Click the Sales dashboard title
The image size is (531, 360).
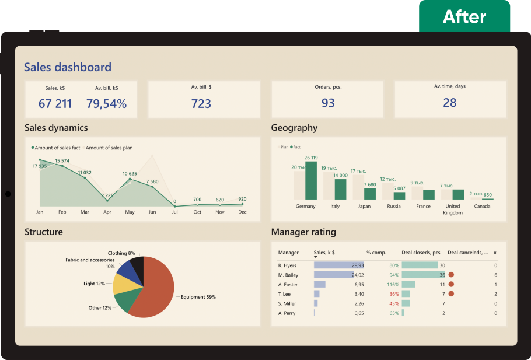[x=67, y=67]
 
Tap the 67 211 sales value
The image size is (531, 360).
[x=55, y=104]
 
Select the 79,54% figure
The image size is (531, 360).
[x=106, y=104]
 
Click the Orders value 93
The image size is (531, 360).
[x=328, y=103]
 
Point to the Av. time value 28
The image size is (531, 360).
[x=449, y=103]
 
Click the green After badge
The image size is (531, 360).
[x=464, y=16]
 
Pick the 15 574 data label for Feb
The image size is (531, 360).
[x=62, y=161]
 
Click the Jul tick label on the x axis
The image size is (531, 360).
[x=175, y=212]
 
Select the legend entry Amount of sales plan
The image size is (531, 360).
[x=109, y=148]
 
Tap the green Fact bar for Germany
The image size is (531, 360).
[x=311, y=181]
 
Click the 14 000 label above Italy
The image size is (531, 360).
[x=340, y=175]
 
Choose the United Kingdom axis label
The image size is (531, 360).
[x=453, y=209]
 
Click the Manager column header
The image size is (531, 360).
[x=288, y=253]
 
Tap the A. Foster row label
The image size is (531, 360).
[x=288, y=284]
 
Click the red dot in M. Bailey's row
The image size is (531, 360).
[x=451, y=275]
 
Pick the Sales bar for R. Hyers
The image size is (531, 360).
[x=338, y=265]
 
